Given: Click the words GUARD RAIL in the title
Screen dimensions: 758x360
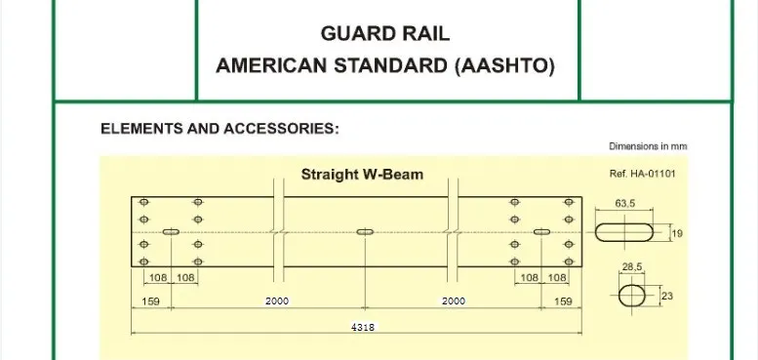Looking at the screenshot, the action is point(384,35).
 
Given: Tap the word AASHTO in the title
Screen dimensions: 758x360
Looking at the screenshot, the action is point(513,66).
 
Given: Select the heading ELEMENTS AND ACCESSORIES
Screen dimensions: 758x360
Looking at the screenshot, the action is point(219,129).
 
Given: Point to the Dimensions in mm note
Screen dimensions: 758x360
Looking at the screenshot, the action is point(649,146).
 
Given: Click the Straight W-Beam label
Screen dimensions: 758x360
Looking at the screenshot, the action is point(361,176).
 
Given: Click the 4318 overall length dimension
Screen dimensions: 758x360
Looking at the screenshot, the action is point(362,328).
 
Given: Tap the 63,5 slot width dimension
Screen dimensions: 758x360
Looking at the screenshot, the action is point(626,205).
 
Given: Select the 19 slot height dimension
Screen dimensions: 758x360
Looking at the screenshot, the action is point(677,233).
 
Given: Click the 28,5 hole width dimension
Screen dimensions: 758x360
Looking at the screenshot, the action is point(631,265).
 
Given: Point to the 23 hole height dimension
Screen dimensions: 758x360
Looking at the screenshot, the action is point(668,295).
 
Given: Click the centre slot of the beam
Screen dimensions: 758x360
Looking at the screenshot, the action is point(366,232).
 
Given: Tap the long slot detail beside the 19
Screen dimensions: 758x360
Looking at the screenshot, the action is point(626,233).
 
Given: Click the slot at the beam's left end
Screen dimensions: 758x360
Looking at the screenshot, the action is point(171,232).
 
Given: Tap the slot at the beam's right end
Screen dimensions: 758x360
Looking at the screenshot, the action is point(542,232).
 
